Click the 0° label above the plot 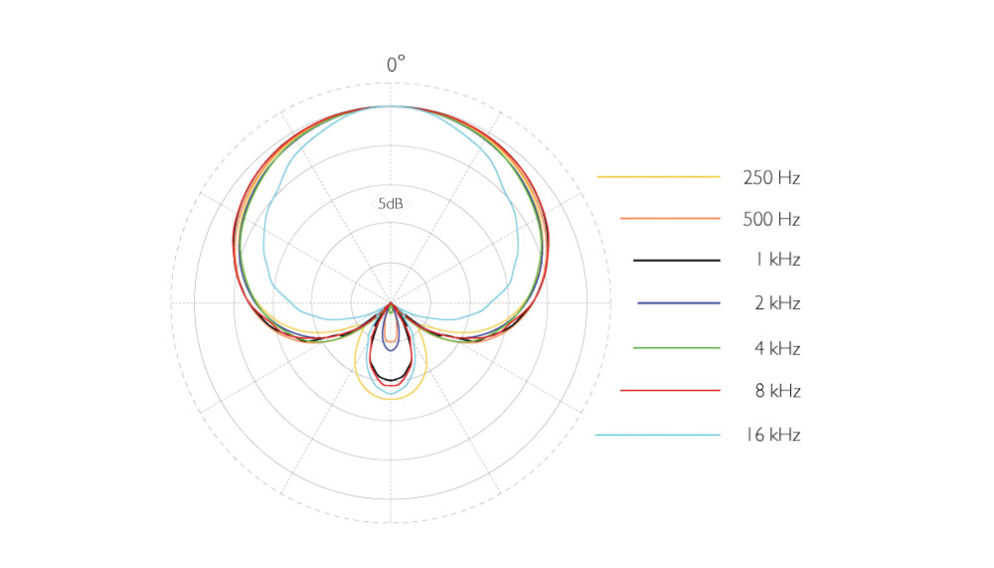pos(397,66)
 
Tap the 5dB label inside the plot pos(390,204)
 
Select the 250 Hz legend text pos(771,178)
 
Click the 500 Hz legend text pos(771,219)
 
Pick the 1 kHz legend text pos(777,260)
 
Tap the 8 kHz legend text pos(777,391)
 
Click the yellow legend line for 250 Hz pos(658,177)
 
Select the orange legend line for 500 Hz pos(670,218)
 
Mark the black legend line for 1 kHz pos(677,260)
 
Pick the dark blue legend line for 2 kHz pos(679,302)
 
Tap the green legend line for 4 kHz pos(677,348)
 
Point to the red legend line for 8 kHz pos(670,391)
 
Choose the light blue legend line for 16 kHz pos(658,435)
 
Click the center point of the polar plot pos(391,301)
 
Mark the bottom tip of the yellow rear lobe pos(391,398)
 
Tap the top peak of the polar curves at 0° pos(391,105)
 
